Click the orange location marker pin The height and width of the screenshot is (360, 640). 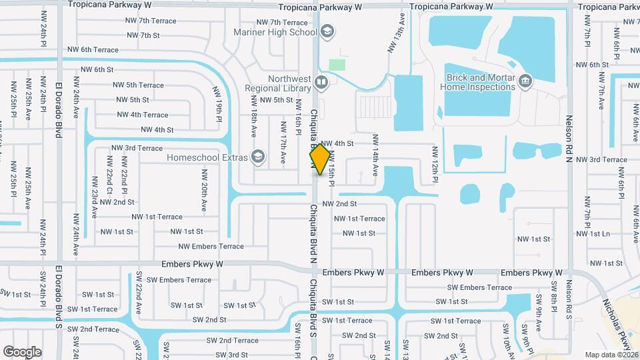320,159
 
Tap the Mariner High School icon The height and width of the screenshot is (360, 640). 327,31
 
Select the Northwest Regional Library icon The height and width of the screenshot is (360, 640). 322,83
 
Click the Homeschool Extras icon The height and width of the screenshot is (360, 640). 257,157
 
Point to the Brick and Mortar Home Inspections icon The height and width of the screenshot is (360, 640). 525,81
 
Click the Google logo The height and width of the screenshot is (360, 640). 22,351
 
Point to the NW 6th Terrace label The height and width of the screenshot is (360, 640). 93,50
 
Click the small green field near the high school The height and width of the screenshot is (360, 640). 337,65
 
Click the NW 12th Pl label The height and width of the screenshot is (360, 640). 434,164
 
